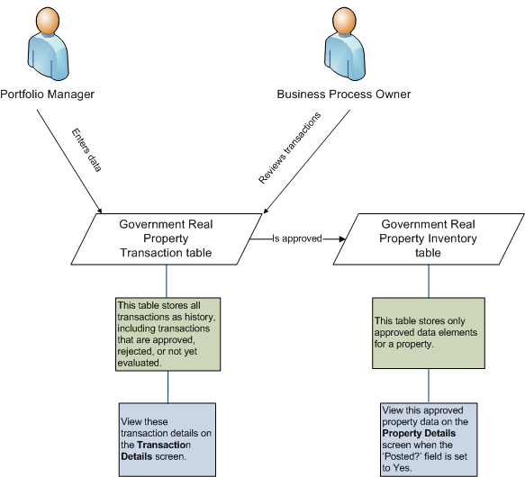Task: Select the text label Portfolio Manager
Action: coord(47,94)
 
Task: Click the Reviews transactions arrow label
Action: coord(289,148)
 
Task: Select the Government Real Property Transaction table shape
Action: coord(166,239)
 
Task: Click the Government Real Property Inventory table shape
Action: coord(428,239)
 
